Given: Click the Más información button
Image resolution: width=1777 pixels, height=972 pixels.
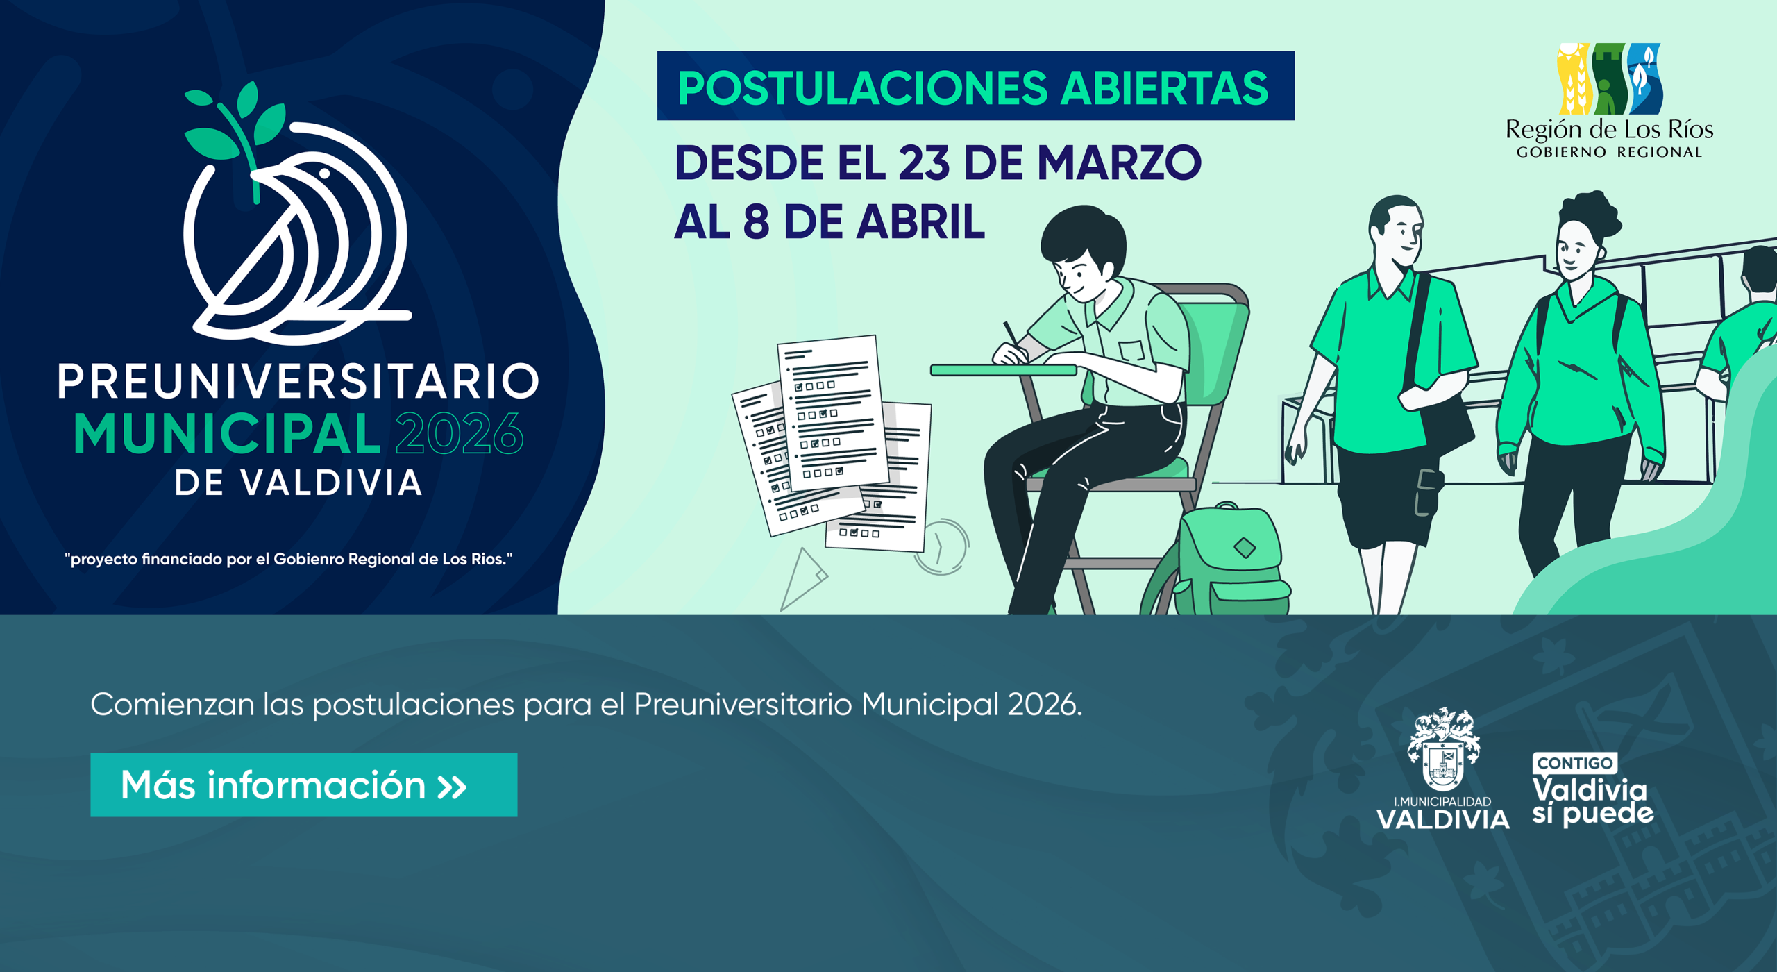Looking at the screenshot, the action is click(x=303, y=785).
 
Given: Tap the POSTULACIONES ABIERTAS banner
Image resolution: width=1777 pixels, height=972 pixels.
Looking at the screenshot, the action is click(x=975, y=85).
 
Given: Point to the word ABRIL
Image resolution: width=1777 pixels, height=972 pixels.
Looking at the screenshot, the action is click(x=920, y=222).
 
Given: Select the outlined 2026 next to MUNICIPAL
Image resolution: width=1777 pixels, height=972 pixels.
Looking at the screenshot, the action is click(x=459, y=433).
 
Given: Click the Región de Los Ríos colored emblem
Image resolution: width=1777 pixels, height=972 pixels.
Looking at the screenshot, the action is click(x=1610, y=78).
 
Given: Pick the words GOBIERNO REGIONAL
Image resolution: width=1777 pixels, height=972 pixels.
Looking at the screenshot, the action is click(x=1609, y=152).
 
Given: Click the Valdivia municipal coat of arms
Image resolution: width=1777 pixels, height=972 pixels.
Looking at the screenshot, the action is click(x=1443, y=750).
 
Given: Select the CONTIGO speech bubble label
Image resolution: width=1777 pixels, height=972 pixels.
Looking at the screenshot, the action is click(x=1574, y=764).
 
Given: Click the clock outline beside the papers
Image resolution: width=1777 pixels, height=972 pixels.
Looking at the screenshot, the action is click(x=943, y=547).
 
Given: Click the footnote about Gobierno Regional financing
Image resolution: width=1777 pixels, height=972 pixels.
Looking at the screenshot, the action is click(x=289, y=559).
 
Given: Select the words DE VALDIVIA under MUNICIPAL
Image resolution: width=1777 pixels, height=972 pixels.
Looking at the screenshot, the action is click(x=298, y=483).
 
